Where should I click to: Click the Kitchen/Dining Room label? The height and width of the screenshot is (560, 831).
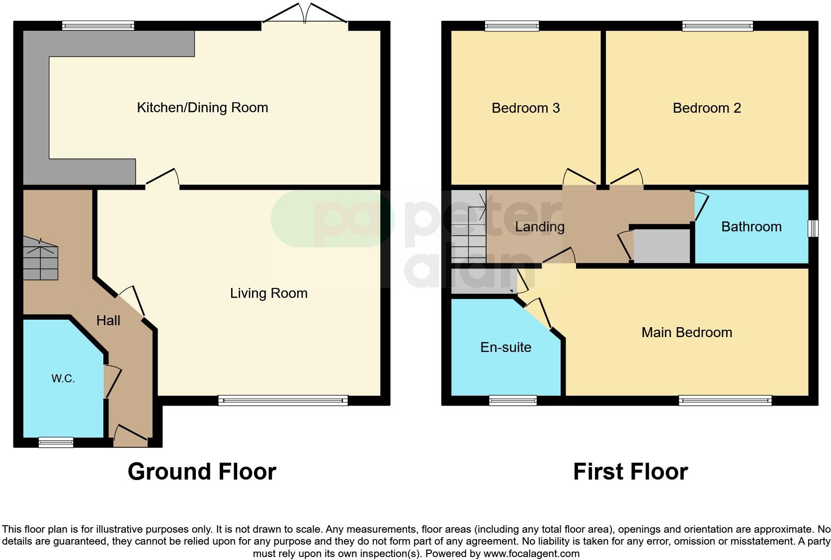(x=202, y=107)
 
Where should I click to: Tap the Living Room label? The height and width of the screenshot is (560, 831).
(x=268, y=293)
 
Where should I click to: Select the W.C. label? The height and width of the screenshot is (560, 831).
(x=63, y=379)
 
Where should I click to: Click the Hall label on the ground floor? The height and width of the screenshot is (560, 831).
(x=108, y=321)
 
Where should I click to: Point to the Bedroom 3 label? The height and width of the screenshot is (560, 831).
(x=525, y=108)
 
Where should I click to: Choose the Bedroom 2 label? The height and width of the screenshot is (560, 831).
(x=706, y=108)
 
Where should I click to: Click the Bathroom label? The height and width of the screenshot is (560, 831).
(x=751, y=227)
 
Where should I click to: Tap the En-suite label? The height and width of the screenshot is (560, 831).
(x=505, y=347)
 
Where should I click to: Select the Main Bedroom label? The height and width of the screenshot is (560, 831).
(x=686, y=332)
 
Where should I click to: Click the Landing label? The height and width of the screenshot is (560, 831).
(x=539, y=227)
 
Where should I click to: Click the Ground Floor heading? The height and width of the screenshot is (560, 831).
(x=202, y=472)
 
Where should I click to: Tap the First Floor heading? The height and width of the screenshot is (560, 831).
(x=630, y=472)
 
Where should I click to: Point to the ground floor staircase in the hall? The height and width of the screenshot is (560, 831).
(x=40, y=258)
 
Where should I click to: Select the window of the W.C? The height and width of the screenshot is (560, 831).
(x=56, y=442)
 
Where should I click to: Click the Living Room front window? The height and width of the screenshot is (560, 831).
(x=283, y=400)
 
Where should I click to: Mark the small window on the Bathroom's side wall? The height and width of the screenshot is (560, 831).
(x=813, y=228)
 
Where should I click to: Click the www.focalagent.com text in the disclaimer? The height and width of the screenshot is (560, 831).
(x=531, y=553)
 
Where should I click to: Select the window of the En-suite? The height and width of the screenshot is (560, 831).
(x=513, y=400)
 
